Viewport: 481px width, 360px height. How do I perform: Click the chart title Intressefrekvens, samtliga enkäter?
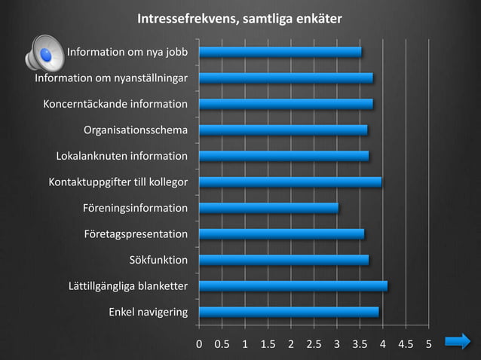pyautogui.click(x=239, y=18)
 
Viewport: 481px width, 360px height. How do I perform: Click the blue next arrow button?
pyautogui.click(x=458, y=343)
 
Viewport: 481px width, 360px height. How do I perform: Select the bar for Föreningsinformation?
pyautogui.click(x=268, y=208)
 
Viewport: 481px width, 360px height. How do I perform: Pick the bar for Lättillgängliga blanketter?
pyautogui.click(x=293, y=286)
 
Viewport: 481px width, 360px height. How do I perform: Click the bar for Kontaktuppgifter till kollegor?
pyautogui.click(x=290, y=182)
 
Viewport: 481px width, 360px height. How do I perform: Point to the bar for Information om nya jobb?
pyautogui.click(x=280, y=52)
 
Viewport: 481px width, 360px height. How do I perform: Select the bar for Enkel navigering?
pyautogui.click(x=288, y=312)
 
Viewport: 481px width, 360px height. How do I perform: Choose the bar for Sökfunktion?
pyautogui.click(x=283, y=260)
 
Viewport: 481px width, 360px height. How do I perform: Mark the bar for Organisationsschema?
pyautogui.click(x=283, y=130)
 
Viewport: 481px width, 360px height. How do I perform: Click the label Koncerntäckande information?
pyautogui.click(x=115, y=104)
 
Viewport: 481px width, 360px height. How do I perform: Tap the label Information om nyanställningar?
pyautogui.click(x=112, y=78)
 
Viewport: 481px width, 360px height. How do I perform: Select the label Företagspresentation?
pyautogui.click(x=136, y=234)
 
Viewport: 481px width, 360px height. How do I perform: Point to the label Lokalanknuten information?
pyautogui.click(x=122, y=156)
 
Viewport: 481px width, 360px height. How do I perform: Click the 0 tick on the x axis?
pyautogui.click(x=199, y=344)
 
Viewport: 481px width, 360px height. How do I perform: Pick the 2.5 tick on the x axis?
pyautogui.click(x=314, y=344)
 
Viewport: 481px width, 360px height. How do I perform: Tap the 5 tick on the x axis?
pyautogui.click(x=428, y=344)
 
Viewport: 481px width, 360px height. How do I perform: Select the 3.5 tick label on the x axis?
pyautogui.click(x=360, y=344)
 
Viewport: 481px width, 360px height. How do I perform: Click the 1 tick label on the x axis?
pyautogui.click(x=245, y=344)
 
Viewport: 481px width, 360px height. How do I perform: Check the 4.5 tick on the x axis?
pyautogui.click(x=406, y=344)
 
